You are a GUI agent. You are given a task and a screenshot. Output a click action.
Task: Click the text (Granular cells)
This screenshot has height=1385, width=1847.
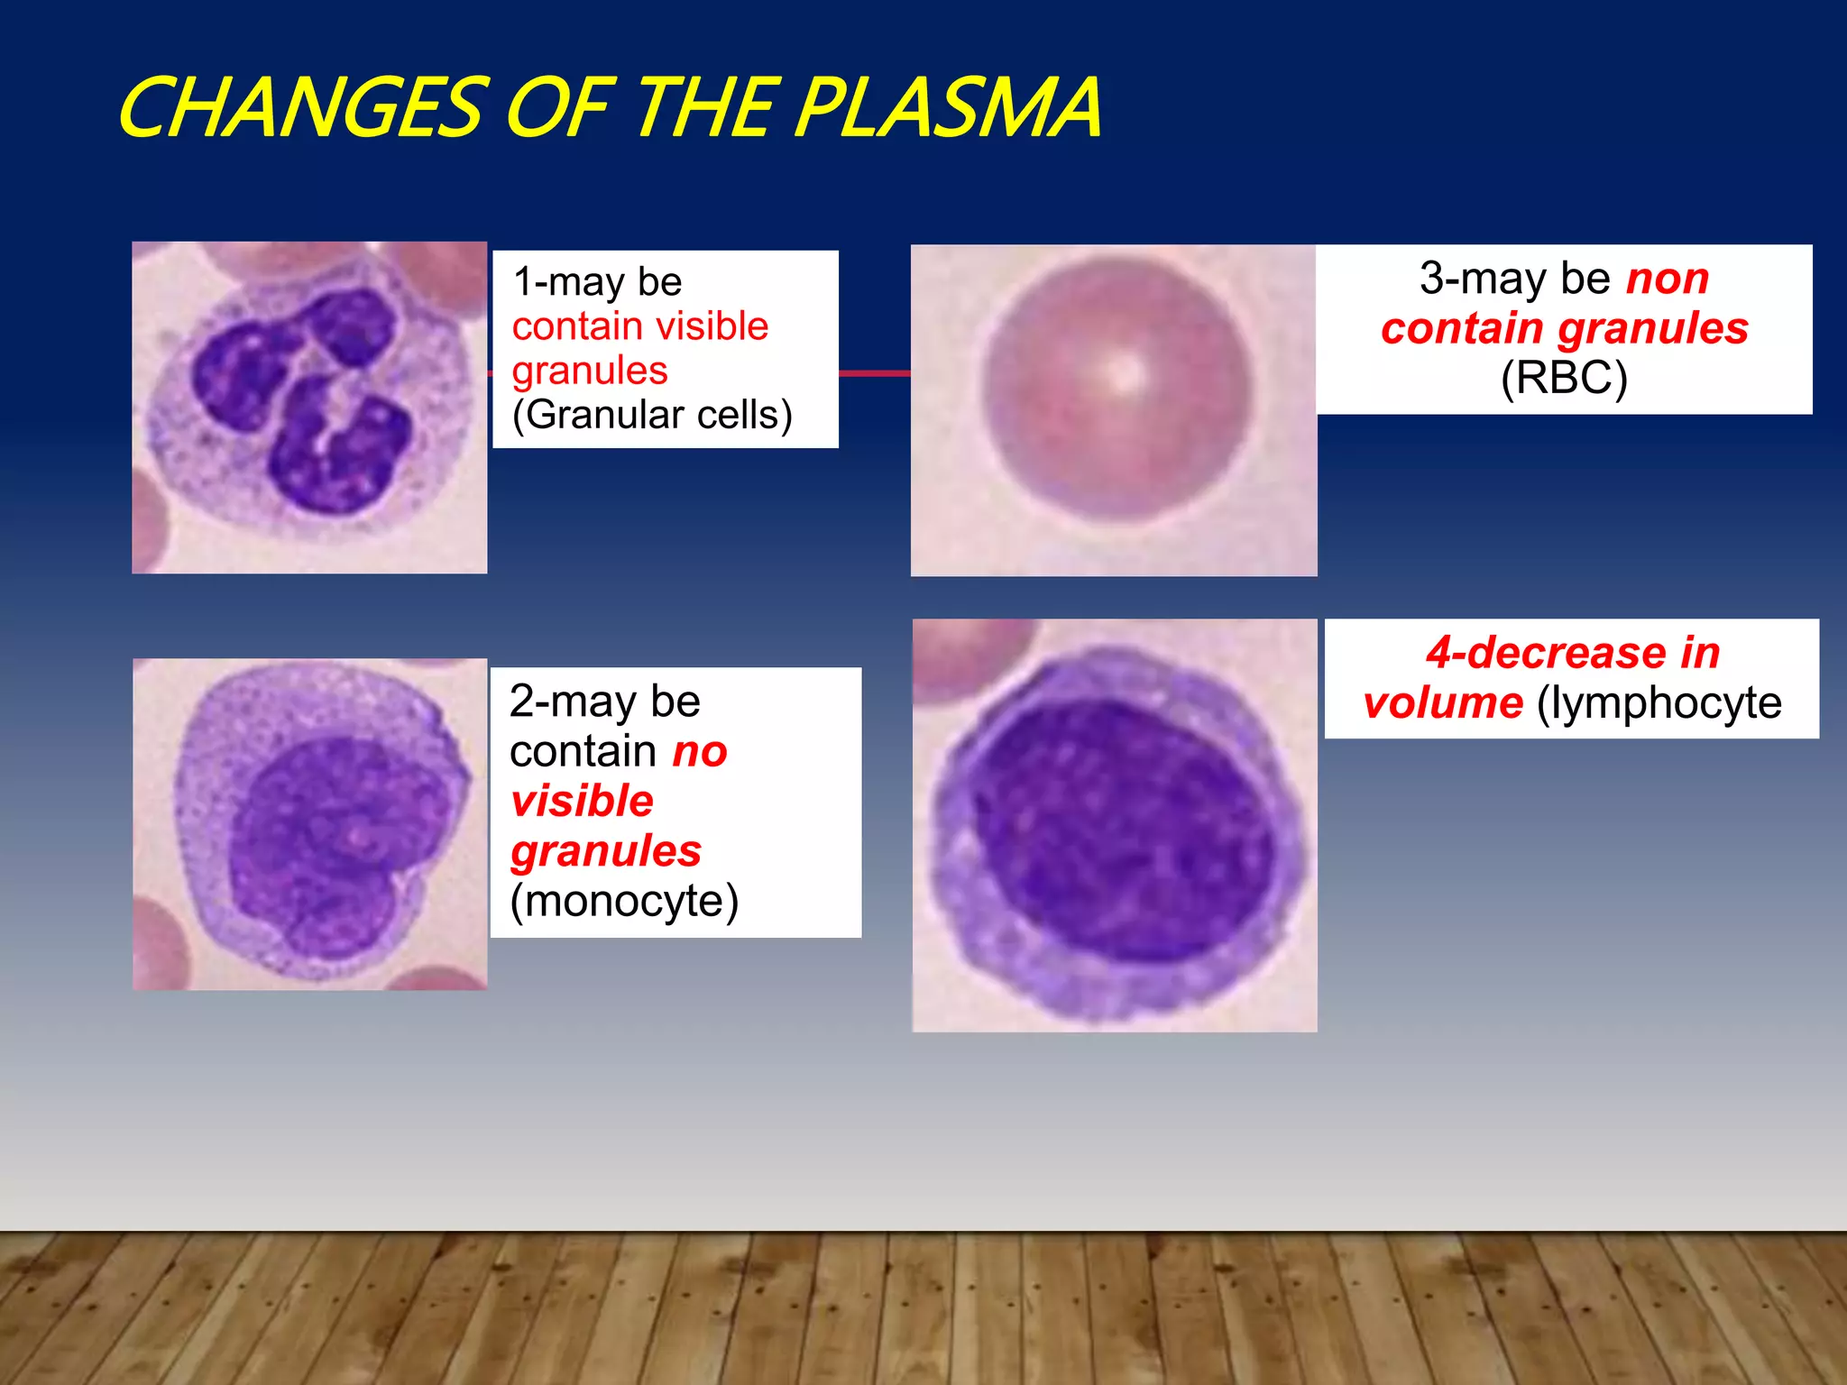coord(652,415)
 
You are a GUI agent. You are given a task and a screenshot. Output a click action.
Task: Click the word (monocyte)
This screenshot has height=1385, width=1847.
coord(624,901)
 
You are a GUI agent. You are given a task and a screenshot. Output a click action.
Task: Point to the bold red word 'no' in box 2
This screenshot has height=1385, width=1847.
coord(700,752)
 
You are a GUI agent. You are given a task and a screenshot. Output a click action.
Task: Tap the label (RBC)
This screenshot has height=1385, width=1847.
coord(1564,378)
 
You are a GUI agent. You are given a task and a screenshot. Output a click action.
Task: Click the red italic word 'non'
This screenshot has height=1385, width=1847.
coord(1668,279)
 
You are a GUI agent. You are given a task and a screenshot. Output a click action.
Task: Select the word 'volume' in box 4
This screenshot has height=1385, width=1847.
coord(1443,703)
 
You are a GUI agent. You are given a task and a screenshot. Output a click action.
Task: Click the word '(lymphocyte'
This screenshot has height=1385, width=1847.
coord(1659,703)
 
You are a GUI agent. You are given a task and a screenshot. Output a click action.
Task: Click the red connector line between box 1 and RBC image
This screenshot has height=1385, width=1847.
coord(874,372)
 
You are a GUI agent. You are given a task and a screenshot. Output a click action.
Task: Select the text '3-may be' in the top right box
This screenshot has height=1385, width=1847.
coord(1514,279)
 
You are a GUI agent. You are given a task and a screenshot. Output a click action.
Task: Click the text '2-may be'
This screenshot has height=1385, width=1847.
coord(604,702)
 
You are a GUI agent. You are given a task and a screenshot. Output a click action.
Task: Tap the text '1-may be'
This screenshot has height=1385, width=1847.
coord(597,282)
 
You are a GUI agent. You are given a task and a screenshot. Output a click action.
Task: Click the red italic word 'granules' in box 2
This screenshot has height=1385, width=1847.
coord(606,851)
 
